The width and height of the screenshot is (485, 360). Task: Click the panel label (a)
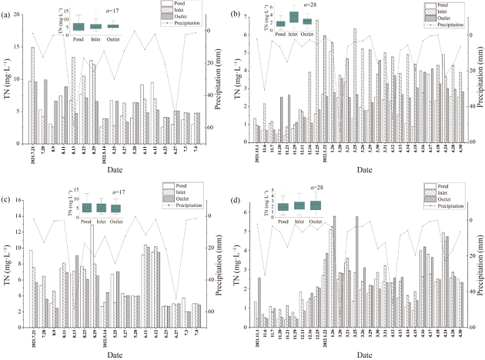(x=10, y=15)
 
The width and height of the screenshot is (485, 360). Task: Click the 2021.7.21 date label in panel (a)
(x=32, y=153)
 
